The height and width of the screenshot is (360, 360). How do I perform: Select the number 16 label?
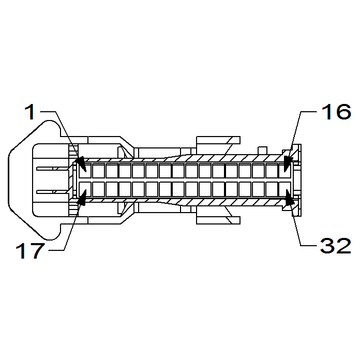pos(336,111)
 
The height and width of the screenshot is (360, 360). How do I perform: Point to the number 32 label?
pos(336,246)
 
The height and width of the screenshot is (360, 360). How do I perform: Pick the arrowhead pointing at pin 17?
pos(81,194)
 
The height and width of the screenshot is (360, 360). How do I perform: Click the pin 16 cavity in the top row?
pos(285,170)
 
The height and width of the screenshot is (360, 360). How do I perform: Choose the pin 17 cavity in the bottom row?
pos(85,189)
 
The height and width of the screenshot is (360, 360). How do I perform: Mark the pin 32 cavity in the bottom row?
pos(285,189)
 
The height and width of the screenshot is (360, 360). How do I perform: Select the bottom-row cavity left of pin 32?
pos(272,189)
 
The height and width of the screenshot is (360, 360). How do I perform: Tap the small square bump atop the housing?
pos(263,148)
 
